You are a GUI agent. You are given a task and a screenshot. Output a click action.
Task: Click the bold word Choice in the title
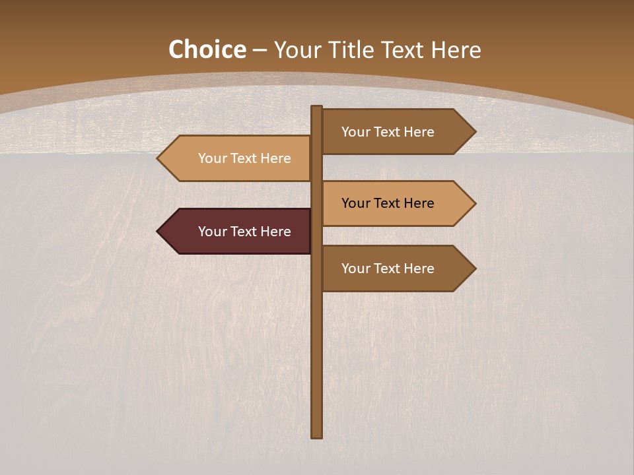(207, 49)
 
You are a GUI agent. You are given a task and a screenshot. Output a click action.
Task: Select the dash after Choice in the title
(260, 50)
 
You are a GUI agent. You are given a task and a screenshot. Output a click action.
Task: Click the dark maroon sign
(244, 232)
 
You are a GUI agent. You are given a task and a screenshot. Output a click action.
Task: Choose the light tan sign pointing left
(244, 158)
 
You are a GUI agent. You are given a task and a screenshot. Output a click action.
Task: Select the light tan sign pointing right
(388, 203)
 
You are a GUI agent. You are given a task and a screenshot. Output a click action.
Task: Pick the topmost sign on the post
(388, 132)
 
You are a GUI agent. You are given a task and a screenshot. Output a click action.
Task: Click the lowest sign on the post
(388, 269)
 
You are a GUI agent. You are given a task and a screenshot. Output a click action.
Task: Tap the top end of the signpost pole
(317, 108)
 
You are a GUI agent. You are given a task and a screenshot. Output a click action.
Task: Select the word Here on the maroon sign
(276, 232)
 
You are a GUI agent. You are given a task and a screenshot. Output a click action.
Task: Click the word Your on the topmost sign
(355, 132)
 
